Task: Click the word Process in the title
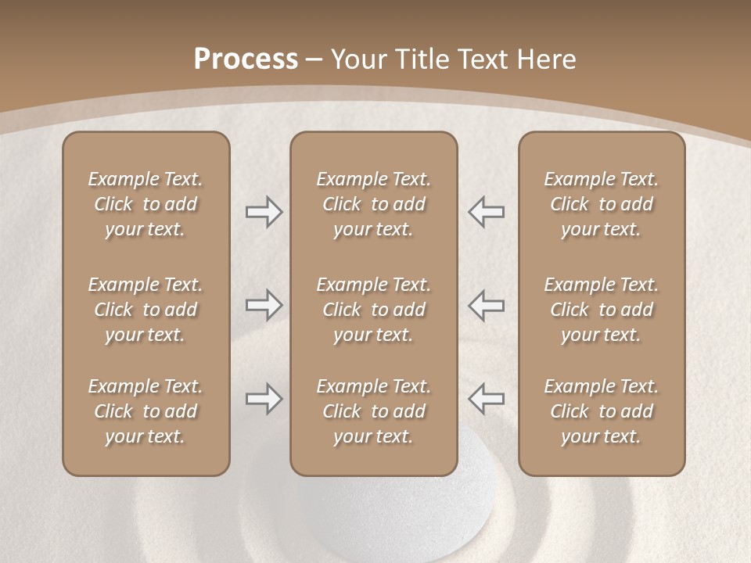[x=246, y=59]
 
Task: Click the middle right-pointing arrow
[x=264, y=306]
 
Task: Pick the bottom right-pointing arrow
[x=264, y=399]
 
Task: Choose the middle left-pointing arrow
[x=487, y=306]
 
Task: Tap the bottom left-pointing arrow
[x=487, y=399]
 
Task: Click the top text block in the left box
[x=146, y=204]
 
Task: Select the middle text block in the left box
[x=146, y=310]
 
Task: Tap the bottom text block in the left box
[x=146, y=411]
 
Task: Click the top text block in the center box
[x=373, y=204]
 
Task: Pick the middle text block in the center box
[x=373, y=310]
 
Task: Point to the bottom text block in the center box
[x=373, y=411]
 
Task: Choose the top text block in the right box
[x=601, y=204]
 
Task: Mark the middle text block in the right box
[x=601, y=310]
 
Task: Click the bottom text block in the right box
[x=601, y=411]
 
